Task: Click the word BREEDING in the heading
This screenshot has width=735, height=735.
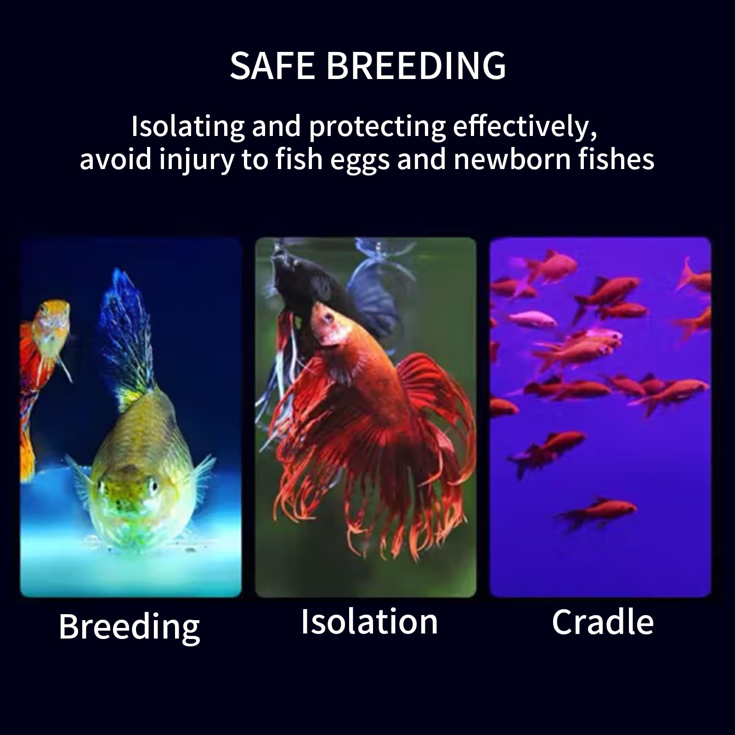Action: tap(416, 65)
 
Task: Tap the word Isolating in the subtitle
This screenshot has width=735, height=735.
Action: tap(188, 127)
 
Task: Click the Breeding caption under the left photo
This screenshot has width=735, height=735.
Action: tap(130, 628)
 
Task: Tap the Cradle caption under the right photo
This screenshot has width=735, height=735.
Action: tap(603, 622)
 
